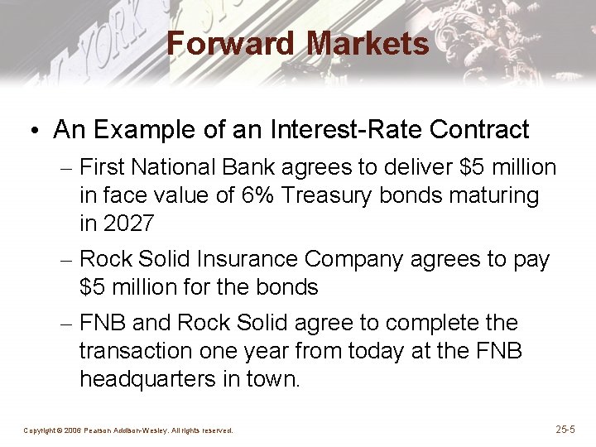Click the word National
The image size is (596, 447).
click(178, 168)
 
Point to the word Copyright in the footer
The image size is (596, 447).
click(39, 430)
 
